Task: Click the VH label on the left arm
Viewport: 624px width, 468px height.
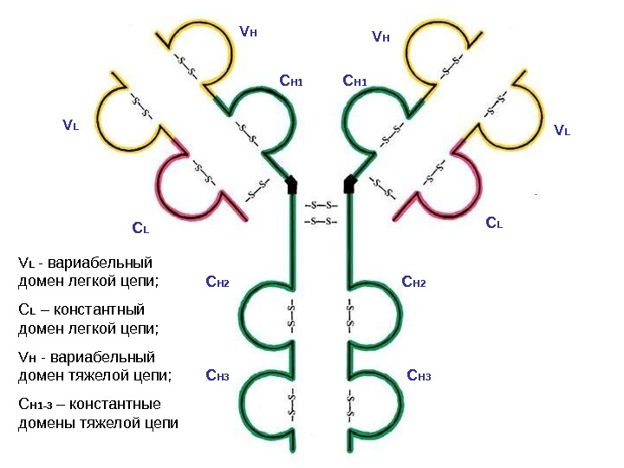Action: click(x=249, y=33)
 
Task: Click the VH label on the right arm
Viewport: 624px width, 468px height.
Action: click(x=380, y=37)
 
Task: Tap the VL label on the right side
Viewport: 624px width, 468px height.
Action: click(x=562, y=130)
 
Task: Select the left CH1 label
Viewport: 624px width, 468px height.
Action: click(x=290, y=81)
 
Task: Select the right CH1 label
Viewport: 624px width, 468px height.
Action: click(x=355, y=81)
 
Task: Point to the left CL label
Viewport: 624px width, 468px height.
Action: click(x=140, y=229)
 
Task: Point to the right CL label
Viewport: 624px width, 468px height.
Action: click(x=494, y=224)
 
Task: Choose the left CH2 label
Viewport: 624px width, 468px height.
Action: click(x=217, y=282)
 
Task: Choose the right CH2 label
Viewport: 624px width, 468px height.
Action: click(x=414, y=282)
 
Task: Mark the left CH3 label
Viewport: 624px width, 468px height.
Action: click(x=217, y=375)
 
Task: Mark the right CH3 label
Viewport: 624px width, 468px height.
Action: click(x=419, y=375)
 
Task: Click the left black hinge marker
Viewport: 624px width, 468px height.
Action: click(x=292, y=184)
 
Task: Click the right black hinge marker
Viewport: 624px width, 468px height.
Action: click(x=351, y=184)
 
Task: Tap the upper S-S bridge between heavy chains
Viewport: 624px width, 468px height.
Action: click(x=321, y=205)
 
